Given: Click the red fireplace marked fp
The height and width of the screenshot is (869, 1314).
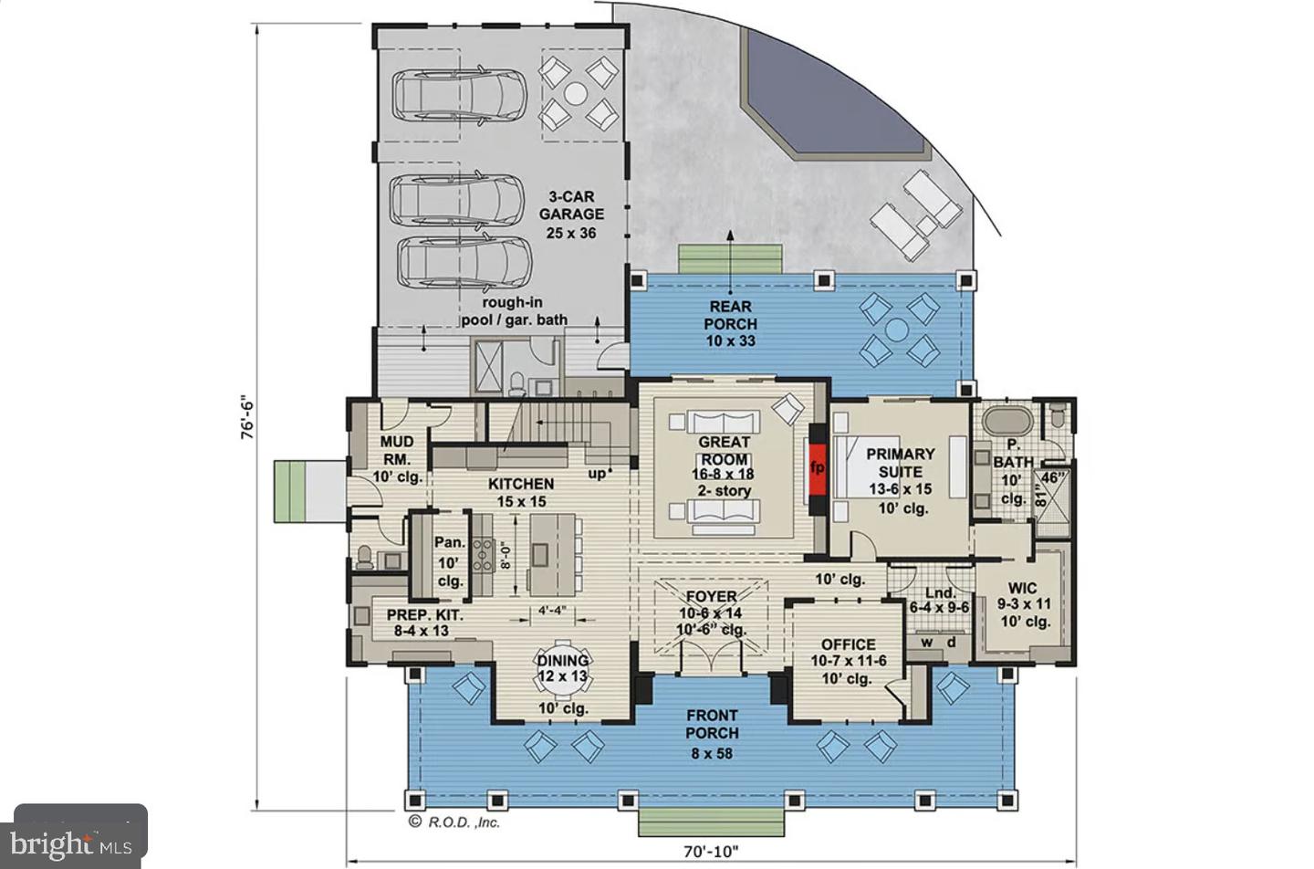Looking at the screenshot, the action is (x=818, y=469).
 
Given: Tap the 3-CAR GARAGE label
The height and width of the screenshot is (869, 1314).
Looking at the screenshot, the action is (x=571, y=205).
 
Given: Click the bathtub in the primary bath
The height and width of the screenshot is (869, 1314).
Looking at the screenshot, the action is (x=1007, y=421).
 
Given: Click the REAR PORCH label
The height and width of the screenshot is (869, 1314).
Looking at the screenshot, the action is (x=730, y=315).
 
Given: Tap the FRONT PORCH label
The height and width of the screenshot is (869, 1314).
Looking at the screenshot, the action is (x=712, y=724).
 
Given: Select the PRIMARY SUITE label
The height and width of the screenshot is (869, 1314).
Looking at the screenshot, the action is (x=901, y=463).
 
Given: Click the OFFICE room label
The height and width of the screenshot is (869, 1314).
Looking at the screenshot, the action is (x=849, y=644).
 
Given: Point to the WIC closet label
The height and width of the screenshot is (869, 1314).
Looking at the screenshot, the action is (x=1022, y=587).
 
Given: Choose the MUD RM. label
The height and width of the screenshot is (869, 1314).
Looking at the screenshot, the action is (x=397, y=450).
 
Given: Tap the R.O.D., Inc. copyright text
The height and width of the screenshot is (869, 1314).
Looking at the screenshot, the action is (x=454, y=822).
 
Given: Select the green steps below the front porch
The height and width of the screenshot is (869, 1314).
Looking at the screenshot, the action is (x=711, y=822).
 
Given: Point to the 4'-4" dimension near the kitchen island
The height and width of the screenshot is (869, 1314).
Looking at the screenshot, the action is (x=552, y=610).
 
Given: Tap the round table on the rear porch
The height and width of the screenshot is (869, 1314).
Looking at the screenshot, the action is (x=896, y=330).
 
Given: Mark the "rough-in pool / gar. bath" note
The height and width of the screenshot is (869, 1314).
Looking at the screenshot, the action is (x=515, y=311).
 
